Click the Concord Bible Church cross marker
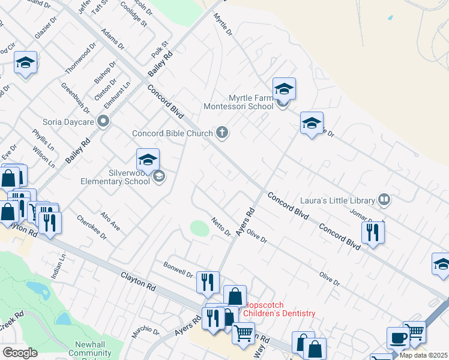click(x=222, y=133)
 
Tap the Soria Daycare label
click(x=68, y=122)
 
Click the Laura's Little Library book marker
click(x=384, y=200)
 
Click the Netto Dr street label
click(x=220, y=227)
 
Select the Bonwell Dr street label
click(x=178, y=269)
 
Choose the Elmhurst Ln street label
click(x=117, y=95)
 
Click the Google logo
click(x=20, y=353)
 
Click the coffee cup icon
click(x=398, y=337)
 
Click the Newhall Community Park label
click(x=89, y=350)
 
